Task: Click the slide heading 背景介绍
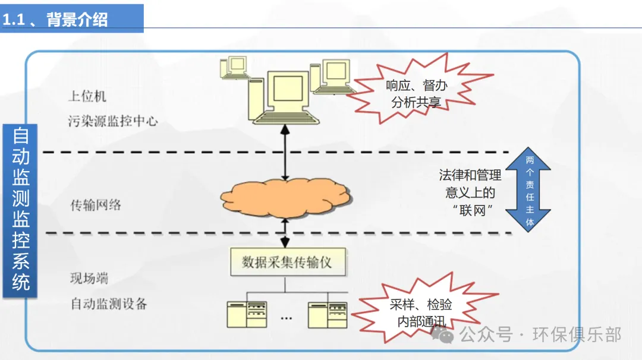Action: pyautogui.click(x=77, y=19)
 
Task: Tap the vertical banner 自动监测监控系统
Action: pyautogui.click(x=20, y=210)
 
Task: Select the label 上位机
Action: pyautogui.click(x=87, y=96)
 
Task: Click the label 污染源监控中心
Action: pyautogui.click(x=113, y=121)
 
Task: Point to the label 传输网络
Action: pyautogui.click(x=96, y=206)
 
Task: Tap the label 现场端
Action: pyautogui.click(x=89, y=278)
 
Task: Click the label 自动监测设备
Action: pyautogui.click(x=109, y=304)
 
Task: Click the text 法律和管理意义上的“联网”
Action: pyautogui.click(x=470, y=192)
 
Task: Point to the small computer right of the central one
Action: pyautogui.click(x=329, y=77)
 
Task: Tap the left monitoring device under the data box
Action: pyautogui.click(x=247, y=314)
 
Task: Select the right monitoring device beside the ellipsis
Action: pyautogui.click(x=328, y=314)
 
